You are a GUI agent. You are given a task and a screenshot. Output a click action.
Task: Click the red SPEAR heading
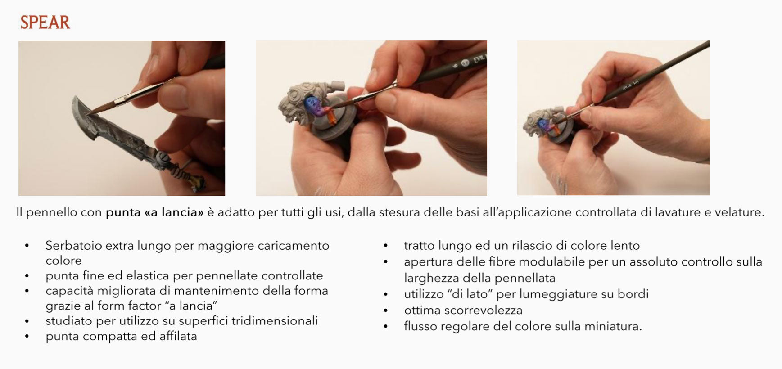45,22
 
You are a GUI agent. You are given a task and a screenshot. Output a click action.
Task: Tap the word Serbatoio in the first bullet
72,246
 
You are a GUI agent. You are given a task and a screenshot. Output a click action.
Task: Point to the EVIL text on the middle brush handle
479,58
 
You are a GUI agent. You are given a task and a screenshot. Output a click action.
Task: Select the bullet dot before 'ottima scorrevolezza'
386,310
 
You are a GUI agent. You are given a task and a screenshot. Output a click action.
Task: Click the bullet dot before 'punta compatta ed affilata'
27,336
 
